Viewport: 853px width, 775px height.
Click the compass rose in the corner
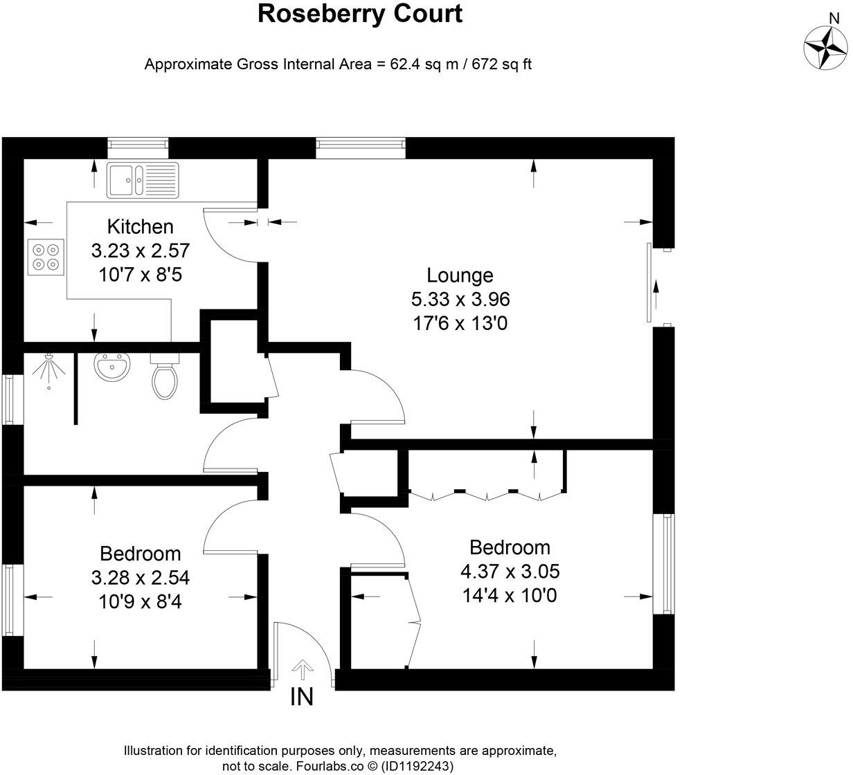click(826, 48)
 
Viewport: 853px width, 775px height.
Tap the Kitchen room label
click(140, 226)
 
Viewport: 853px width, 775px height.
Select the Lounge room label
click(460, 275)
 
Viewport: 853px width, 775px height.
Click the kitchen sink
click(142, 179)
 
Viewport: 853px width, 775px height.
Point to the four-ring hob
click(46, 255)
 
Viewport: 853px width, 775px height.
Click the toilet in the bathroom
click(164, 377)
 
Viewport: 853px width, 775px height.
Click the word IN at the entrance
click(302, 697)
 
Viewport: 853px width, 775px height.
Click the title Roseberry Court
click(359, 14)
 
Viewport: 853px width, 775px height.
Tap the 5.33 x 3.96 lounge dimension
click(460, 300)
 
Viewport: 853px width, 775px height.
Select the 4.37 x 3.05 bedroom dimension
click(510, 572)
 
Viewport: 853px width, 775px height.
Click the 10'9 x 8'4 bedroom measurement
click(141, 601)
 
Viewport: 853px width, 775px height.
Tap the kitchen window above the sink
click(138, 144)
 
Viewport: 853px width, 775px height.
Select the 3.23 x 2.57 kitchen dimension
click(141, 250)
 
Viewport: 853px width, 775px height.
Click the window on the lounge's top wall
click(361, 144)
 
